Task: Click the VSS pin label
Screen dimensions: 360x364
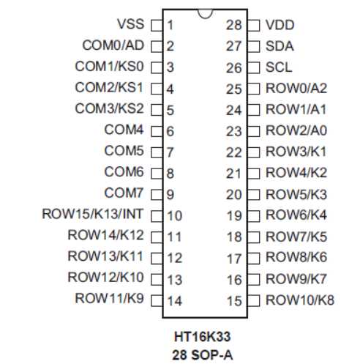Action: click(x=131, y=24)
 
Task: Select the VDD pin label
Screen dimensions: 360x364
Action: click(x=280, y=25)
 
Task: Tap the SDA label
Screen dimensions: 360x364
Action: click(x=280, y=46)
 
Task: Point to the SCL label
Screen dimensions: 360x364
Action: click(x=279, y=67)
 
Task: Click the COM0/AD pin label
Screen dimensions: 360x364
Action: click(x=113, y=45)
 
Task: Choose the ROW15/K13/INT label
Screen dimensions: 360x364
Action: click(x=93, y=214)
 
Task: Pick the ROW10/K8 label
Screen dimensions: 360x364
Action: click(x=300, y=300)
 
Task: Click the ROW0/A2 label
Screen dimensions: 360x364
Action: click(x=296, y=88)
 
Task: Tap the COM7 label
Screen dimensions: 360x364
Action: click(x=124, y=193)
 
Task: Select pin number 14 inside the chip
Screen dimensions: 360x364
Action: click(x=174, y=301)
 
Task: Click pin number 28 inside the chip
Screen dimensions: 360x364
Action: click(x=234, y=25)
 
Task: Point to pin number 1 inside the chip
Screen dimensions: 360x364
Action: click(x=170, y=25)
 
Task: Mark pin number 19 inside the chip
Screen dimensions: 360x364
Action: click(x=234, y=216)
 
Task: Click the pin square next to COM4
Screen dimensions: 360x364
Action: click(x=157, y=132)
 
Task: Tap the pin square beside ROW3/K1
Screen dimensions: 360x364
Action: click(x=254, y=152)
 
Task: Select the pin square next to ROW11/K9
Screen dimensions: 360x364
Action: click(x=157, y=301)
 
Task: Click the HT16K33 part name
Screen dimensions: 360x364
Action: click(x=203, y=336)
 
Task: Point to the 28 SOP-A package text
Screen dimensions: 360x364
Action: click(x=203, y=355)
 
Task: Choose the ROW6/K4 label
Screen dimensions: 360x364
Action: click(x=296, y=215)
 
